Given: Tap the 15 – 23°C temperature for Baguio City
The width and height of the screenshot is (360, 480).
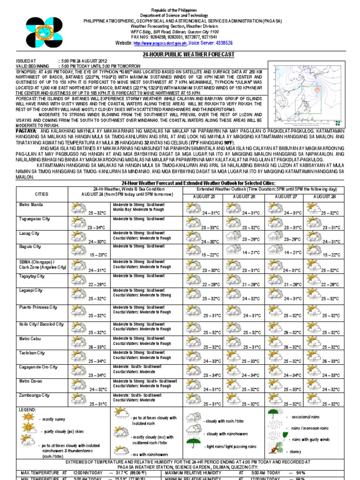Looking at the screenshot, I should [97, 255].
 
